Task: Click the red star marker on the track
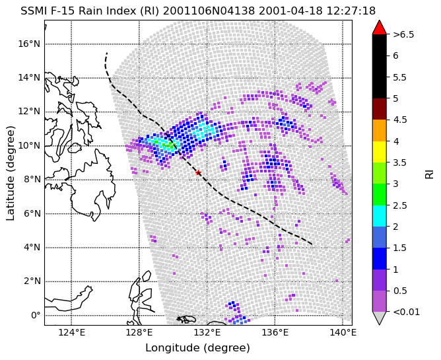click(x=198, y=172)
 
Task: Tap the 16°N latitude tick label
click(x=29, y=44)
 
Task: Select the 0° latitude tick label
click(x=36, y=315)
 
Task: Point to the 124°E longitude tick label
click(x=72, y=333)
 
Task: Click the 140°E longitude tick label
click(x=343, y=333)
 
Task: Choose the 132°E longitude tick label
click(x=207, y=333)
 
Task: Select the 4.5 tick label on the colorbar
click(x=399, y=120)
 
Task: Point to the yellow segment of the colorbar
click(x=379, y=152)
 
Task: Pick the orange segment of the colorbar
click(x=379, y=130)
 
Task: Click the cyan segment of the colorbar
click(x=379, y=216)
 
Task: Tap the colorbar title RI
click(x=429, y=173)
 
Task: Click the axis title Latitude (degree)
click(x=10, y=173)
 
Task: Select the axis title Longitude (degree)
click(x=197, y=348)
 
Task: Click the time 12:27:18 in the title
click(x=351, y=11)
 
